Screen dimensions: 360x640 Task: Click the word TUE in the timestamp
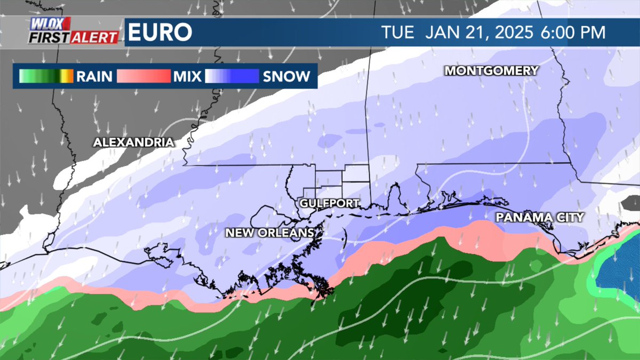click(x=398, y=33)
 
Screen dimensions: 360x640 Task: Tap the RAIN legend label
click(x=94, y=76)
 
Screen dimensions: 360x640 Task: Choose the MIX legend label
click(x=187, y=76)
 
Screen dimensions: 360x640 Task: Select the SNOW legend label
click(x=286, y=76)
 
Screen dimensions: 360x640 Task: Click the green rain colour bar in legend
click(x=46, y=76)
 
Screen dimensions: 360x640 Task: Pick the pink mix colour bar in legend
click(x=143, y=76)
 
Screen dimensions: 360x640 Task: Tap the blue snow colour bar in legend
click(x=233, y=76)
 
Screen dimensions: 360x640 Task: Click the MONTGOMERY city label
click(x=492, y=70)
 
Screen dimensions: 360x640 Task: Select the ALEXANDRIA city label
click(x=133, y=142)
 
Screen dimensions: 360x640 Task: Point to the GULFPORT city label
click(x=330, y=203)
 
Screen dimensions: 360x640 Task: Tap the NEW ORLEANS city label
click(x=269, y=233)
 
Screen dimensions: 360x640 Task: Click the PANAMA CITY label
click(x=540, y=217)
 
